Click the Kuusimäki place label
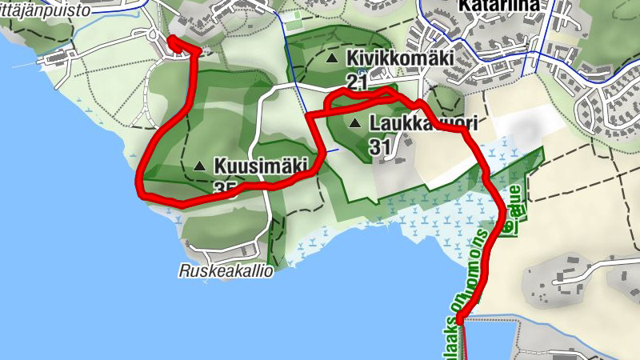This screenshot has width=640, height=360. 261,166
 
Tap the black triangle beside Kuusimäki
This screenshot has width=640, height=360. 199,166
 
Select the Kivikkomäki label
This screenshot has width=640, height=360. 399,58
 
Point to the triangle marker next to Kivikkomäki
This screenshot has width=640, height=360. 331,58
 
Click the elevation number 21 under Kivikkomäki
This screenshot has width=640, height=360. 357,81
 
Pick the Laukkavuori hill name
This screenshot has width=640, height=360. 423,123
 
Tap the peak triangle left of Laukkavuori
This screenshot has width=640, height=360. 354,123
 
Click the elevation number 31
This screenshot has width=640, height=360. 380,146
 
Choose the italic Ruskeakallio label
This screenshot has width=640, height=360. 226,271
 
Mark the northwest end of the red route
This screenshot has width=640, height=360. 171,39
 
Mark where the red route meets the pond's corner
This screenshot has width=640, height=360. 460,320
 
